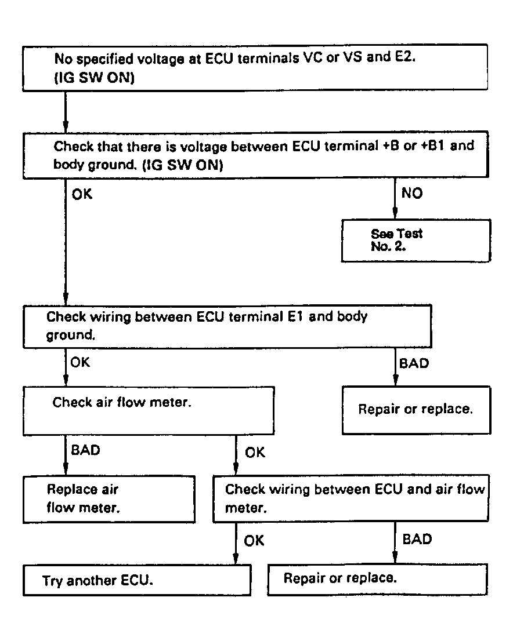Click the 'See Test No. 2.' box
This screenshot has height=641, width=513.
(x=416, y=241)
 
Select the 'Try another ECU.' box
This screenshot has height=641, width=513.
(x=137, y=580)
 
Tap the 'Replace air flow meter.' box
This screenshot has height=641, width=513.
(x=109, y=499)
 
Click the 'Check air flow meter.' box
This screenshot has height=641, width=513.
(x=148, y=410)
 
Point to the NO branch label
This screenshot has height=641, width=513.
(x=412, y=193)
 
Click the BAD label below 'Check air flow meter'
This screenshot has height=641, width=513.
(x=85, y=450)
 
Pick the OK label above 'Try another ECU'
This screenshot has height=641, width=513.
(x=254, y=541)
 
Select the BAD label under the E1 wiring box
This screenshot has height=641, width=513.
(x=414, y=363)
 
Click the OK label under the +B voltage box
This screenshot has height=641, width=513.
(x=82, y=194)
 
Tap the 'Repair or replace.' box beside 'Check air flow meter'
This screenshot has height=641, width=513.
(x=416, y=410)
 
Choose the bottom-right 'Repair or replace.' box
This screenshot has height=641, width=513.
(x=377, y=580)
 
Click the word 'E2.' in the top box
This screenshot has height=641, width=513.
(x=405, y=57)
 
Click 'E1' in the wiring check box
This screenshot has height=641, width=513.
(x=295, y=316)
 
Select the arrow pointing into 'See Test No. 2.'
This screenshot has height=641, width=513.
(x=395, y=198)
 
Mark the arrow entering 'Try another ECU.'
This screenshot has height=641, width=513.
(x=236, y=543)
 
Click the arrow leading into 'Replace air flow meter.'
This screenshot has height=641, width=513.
(x=66, y=456)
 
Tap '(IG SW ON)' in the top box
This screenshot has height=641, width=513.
(x=95, y=77)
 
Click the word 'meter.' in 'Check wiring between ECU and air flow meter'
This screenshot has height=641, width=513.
(x=246, y=508)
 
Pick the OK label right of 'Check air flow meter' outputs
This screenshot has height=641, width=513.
(x=255, y=453)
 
